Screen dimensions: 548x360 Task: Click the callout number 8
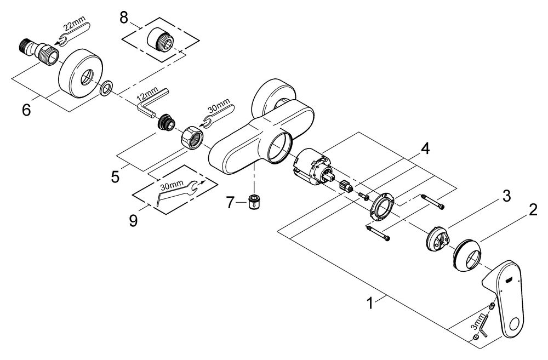(124, 18)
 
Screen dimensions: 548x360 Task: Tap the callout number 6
(26, 110)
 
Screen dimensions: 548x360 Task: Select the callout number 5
(115, 177)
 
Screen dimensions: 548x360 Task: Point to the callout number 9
(133, 220)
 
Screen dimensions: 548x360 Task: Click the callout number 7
(229, 202)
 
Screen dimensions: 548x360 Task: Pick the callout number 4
(425, 149)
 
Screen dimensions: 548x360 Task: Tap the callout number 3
(506, 196)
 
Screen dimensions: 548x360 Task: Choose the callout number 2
(533, 210)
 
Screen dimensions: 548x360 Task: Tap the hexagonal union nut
(191, 136)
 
